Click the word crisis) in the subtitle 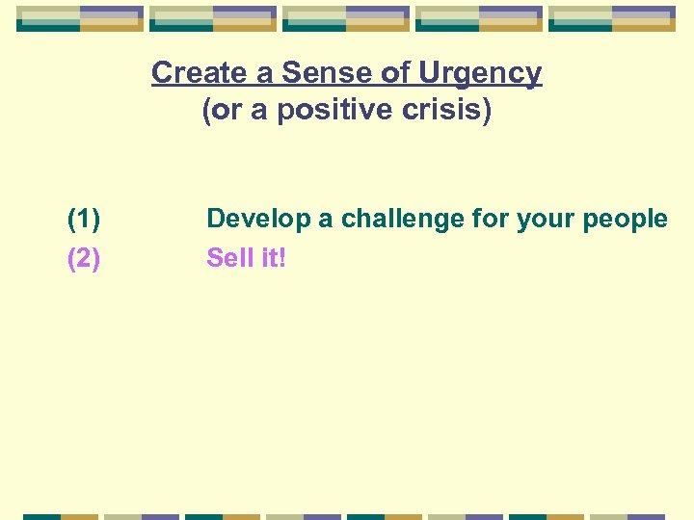448,112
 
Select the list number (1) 84,220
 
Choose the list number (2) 84,258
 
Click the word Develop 258,220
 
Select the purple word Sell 228,258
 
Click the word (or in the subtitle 221,112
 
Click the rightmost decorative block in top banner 612,18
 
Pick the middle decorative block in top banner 346,18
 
